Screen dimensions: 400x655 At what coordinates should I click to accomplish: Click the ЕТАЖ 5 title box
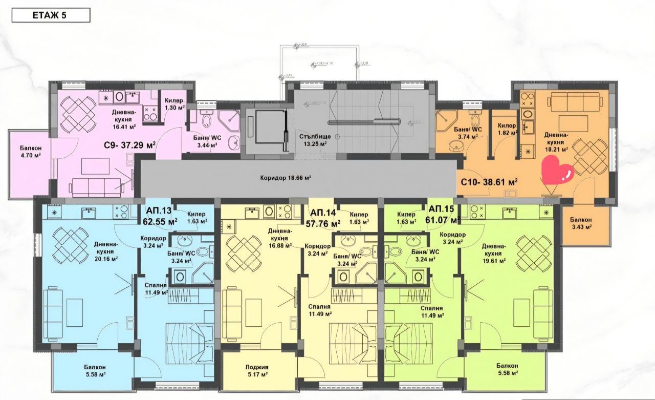pyautogui.click(x=50, y=15)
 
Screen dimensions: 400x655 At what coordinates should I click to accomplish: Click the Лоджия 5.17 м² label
pyautogui.click(x=257, y=370)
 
